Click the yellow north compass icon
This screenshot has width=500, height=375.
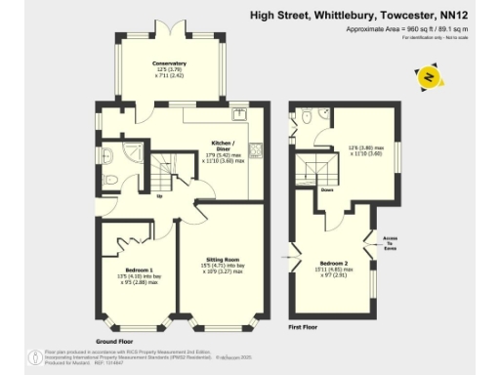pyautogui.click(x=427, y=76)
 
